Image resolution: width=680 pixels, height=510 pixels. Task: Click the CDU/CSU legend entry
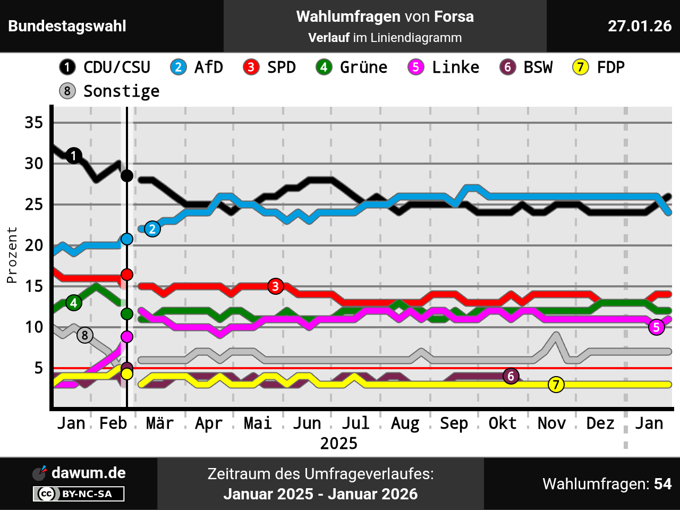tap(105, 67)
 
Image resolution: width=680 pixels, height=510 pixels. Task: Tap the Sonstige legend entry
tap(110, 91)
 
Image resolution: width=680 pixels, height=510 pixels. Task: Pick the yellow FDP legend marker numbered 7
tap(580, 67)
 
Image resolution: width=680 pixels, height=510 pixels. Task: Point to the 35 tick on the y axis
tap(34, 123)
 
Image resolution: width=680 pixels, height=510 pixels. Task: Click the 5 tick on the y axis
tap(38, 368)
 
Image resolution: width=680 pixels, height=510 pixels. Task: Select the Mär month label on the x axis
tap(160, 423)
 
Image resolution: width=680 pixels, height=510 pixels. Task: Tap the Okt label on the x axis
tap(503, 423)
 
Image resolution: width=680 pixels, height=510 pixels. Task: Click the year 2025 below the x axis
tap(339, 444)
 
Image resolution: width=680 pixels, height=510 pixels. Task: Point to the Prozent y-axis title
tap(12, 255)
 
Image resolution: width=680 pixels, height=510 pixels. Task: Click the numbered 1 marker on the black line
tap(74, 156)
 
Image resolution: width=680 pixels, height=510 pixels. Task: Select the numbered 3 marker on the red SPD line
tap(275, 286)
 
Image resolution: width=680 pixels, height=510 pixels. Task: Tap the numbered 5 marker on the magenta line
tap(657, 327)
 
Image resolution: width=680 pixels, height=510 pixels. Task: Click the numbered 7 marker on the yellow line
tap(556, 385)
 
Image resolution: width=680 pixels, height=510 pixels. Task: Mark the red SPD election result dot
tap(127, 274)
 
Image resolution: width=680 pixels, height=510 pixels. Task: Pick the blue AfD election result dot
tap(127, 239)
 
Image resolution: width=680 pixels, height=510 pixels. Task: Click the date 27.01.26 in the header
tap(640, 26)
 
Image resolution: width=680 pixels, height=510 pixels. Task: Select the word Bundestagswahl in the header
tap(67, 26)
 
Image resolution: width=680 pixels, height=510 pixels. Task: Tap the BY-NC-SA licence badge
tap(79, 494)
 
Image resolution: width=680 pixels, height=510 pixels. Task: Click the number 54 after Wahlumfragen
tap(663, 484)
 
